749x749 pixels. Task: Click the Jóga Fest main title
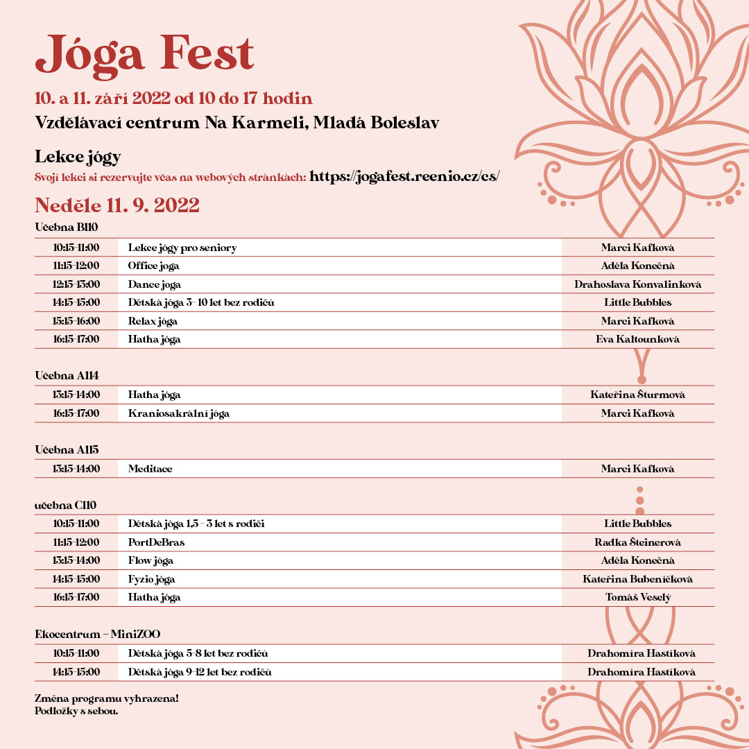[x=145, y=53]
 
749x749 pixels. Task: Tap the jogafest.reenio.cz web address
[x=404, y=176]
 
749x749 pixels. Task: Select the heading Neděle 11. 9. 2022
[x=117, y=205]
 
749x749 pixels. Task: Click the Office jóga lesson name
[x=153, y=266]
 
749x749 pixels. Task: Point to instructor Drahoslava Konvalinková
[x=637, y=284]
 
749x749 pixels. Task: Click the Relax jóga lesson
[x=153, y=321]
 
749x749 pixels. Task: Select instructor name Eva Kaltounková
[x=637, y=339]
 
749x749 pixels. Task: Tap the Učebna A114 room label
[x=67, y=375]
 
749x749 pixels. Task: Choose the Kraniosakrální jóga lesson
[x=179, y=413]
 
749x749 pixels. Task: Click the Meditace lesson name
[x=150, y=469]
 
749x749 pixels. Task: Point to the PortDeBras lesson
[x=156, y=542]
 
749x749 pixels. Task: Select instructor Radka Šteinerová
[x=637, y=542]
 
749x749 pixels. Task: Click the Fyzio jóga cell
[x=151, y=579]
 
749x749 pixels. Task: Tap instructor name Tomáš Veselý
[x=637, y=597]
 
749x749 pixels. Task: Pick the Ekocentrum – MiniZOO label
[x=98, y=634]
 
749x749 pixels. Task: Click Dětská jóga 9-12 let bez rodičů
[x=200, y=672]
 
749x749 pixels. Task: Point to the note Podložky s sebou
[x=76, y=710]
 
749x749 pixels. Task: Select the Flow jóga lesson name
[x=150, y=560]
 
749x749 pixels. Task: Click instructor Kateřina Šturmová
[x=637, y=395]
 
